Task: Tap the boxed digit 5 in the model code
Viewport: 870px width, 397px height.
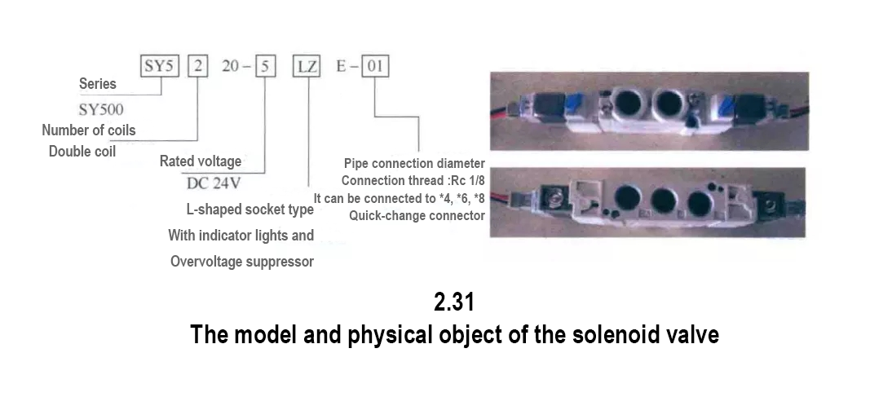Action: pyautogui.click(x=266, y=66)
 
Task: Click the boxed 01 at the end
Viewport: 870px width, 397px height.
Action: pyautogui.click(x=377, y=66)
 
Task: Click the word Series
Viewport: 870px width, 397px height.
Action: pyautogui.click(x=98, y=84)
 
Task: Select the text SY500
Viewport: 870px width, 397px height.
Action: pyautogui.click(x=101, y=108)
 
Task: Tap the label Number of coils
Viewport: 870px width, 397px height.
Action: pyautogui.click(x=89, y=130)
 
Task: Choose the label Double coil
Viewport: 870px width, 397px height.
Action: pyautogui.click(x=82, y=152)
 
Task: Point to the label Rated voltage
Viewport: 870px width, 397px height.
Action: pyautogui.click(x=201, y=161)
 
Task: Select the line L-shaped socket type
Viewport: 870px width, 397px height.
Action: pyautogui.click(x=250, y=210)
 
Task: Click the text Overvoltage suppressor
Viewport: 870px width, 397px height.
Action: pyautogui.click(x=242, y=262)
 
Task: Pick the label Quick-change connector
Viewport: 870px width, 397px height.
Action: pyautogui.click(x=417, y=216)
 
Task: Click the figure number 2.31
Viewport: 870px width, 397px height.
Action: pyautogui.click(x=454, y=303)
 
